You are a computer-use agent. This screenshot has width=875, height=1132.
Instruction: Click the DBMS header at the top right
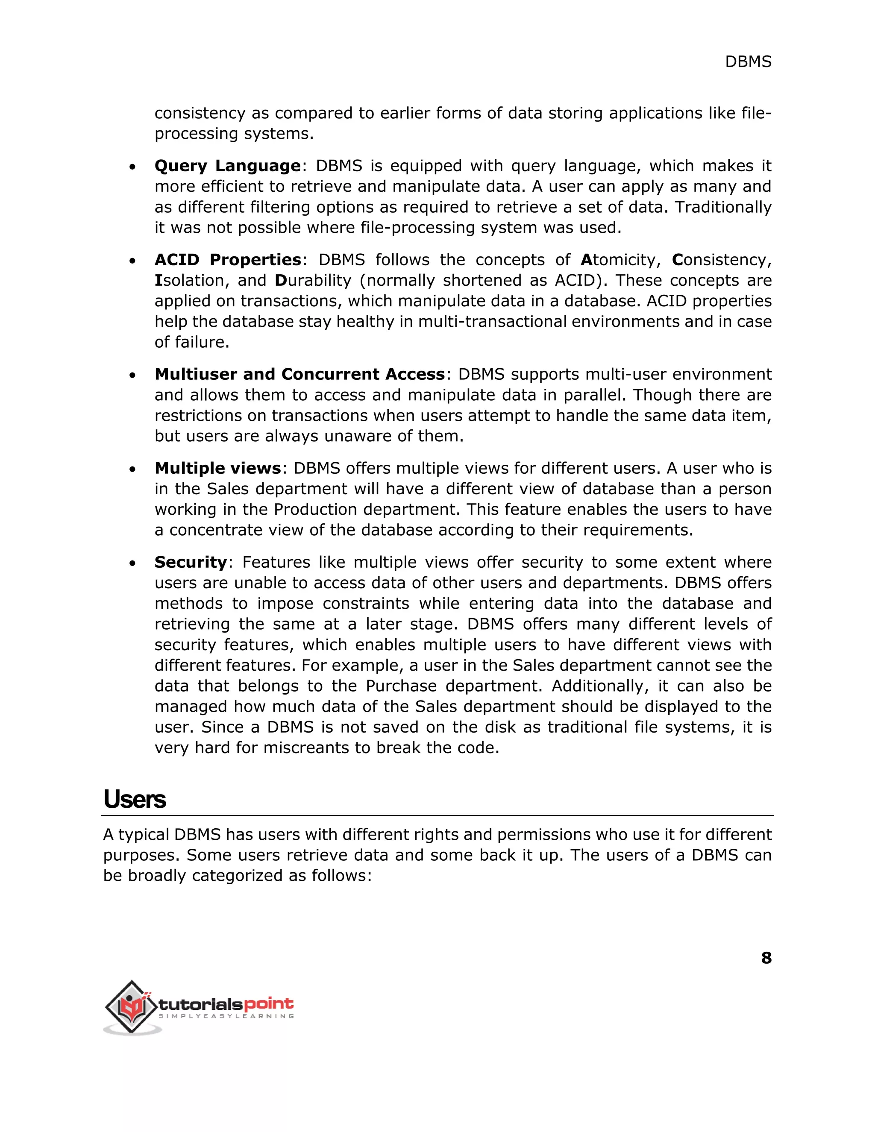coord(748,62)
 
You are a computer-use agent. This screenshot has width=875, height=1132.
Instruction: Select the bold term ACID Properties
coord(228,260)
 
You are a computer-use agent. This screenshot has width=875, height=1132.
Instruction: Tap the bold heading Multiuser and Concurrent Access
coord(299,374)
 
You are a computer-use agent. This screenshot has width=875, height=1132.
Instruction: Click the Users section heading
coord(134,799)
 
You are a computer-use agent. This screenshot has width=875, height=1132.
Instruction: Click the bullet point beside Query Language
coord(133,167)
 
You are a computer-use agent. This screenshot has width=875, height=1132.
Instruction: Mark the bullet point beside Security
coord(133,563)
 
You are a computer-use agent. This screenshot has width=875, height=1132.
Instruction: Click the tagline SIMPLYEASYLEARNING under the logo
coord(226,1016)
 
